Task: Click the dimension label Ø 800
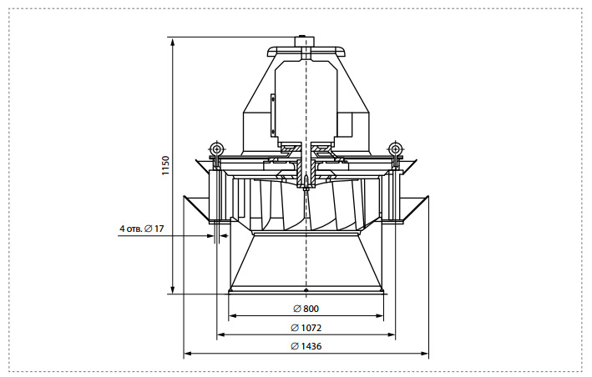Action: tap(306, 309)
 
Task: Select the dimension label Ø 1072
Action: tap(306, 328)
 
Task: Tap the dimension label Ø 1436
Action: tap(306, 346)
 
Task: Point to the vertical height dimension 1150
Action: tap(166, 165)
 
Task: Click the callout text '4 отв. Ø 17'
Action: tap(142, 229)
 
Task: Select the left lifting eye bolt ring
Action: tap(217, 148)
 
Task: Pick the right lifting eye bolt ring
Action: tap(395, 148)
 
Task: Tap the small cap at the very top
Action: tap(306, 42)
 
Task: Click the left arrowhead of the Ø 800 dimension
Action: tap(233, 316)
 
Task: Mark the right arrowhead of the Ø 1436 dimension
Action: tap(425, 354)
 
